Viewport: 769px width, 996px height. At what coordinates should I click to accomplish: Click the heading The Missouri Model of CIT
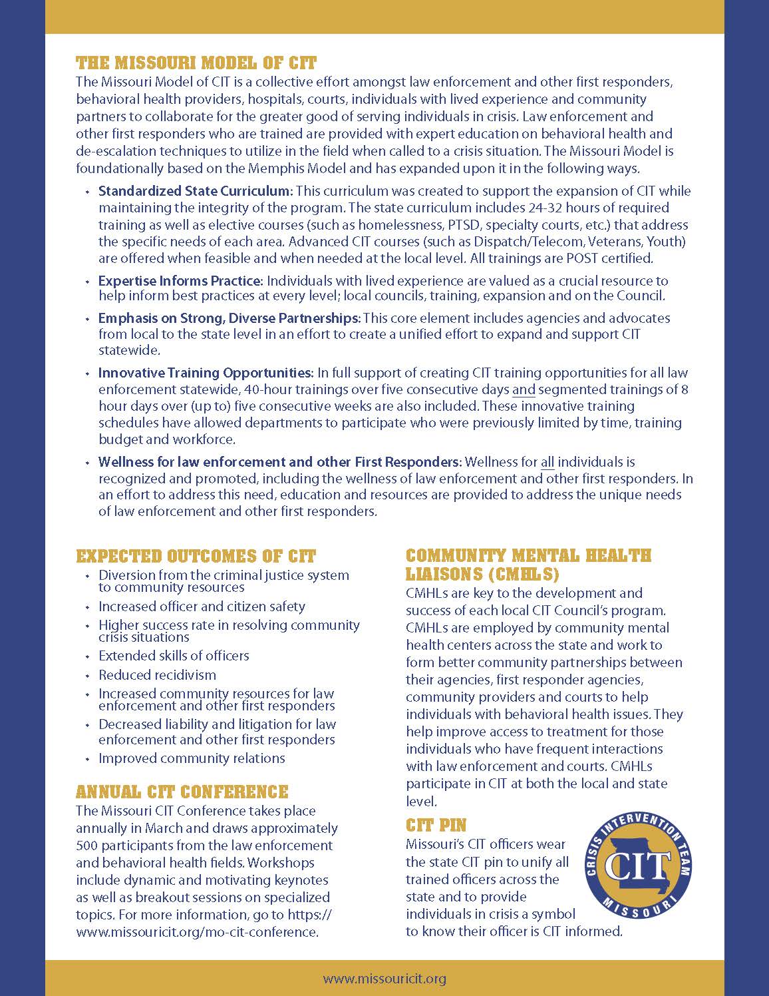[196, 63]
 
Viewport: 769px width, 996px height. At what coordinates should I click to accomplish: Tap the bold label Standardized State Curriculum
[195, 191]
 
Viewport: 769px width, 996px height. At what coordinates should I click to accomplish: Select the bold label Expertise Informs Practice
[181, 281]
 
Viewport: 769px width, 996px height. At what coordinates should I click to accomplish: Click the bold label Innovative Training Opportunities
[206, 373]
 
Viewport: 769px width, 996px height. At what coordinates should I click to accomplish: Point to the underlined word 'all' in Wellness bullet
[547, 462]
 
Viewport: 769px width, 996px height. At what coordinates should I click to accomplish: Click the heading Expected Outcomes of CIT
[196, 556]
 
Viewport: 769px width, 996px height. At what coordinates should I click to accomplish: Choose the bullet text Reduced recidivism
[157, 675]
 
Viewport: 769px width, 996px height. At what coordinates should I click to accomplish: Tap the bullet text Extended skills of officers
[174, 656]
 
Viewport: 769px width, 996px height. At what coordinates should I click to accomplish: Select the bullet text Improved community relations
[192, 758]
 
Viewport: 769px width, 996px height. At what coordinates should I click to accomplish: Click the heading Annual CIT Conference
[182, 792]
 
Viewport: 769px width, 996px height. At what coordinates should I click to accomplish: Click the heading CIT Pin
[436, 826]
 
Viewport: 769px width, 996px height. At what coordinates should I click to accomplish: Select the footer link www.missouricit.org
[384, 979]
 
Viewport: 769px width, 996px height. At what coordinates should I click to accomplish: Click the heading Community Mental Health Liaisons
[528, 564]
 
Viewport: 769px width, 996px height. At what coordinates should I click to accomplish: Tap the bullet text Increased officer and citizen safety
[202, 607]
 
